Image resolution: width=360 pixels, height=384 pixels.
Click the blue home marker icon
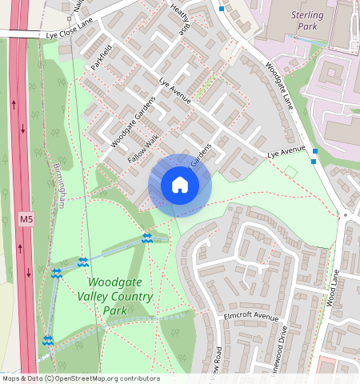(180, 186)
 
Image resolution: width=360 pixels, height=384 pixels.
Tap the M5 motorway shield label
(26, 218)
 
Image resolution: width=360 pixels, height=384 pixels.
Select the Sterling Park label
(306, 21)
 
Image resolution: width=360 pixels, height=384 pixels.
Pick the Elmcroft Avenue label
(252, 317)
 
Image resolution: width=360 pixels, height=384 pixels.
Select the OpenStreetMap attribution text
(81, 378)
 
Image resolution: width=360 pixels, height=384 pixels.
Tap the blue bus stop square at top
(222, 9)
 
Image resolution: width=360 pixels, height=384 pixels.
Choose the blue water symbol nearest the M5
(48, 340)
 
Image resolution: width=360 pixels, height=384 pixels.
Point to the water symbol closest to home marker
(146, 238)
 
